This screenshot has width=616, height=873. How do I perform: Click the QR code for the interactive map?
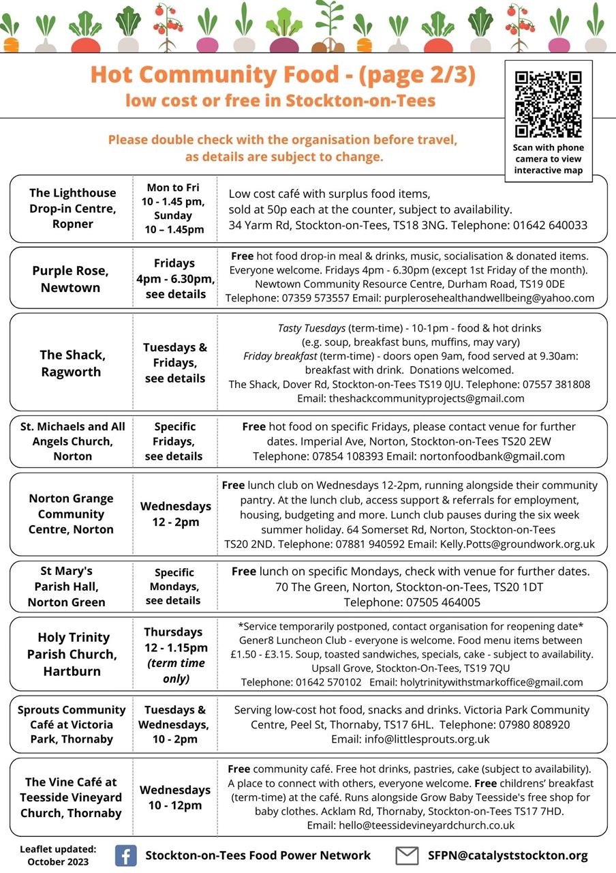pyautogui.click(x=548, y=104)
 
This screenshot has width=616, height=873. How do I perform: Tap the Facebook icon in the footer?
pyautogui.click(x=125, y=855)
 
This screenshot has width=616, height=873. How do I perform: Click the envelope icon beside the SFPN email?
pyautogui.click(x=407, y=855)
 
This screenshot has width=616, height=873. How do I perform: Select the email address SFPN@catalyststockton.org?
pyautogui.click(x=508, y=855)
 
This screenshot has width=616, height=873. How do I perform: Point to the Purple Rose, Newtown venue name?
pyautogui.click(x=70, y=279)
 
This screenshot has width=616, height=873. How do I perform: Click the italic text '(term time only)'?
pyautogui.click(x=176, y=670)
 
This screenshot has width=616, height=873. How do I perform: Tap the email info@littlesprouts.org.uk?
pyautogui.click(x=410, y=739)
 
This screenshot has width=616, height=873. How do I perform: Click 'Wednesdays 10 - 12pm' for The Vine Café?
pyautogui.click(x=175, y=797)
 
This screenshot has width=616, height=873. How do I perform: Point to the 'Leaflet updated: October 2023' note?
pyautogui.click(x=58, y=855)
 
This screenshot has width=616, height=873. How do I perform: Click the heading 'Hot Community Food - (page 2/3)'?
pyautogui.click(x=282, y=74)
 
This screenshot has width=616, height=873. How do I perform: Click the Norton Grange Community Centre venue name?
pyautogui.click(x=71, y=514)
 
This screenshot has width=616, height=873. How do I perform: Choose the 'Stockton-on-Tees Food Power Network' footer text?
pyautogui.click(x=258, y=855)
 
